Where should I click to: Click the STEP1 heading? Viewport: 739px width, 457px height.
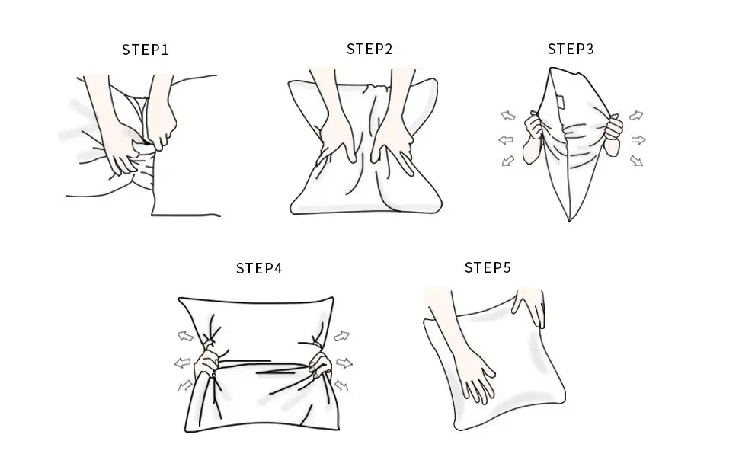click(x=146, y=50)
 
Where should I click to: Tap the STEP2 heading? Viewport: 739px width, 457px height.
click(x=369, y=49)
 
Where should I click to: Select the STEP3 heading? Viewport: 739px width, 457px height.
click(x=571, y=49)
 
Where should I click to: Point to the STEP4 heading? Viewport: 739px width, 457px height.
click(x=259, y=268)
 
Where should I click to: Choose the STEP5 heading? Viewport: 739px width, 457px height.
click(x=488, y=267)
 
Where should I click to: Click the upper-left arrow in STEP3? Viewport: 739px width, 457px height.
click(x=508, y=116)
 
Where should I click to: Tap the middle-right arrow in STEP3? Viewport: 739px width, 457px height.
click(x=638, y=140)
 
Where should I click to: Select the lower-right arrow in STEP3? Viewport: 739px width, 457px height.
click(x=636, y=161)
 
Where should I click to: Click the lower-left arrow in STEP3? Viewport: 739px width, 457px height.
click(x=507, y=161)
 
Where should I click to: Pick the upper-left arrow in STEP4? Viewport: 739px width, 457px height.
click(x=185, y=336)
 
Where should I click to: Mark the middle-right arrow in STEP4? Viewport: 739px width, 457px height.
click(x=344, y=363)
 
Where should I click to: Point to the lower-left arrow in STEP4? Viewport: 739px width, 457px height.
click(x=185, y=386)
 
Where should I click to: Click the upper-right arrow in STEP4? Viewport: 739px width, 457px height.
click(x=342, y=336)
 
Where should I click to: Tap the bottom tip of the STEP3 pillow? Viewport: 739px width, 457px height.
click(x=569, y=220)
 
